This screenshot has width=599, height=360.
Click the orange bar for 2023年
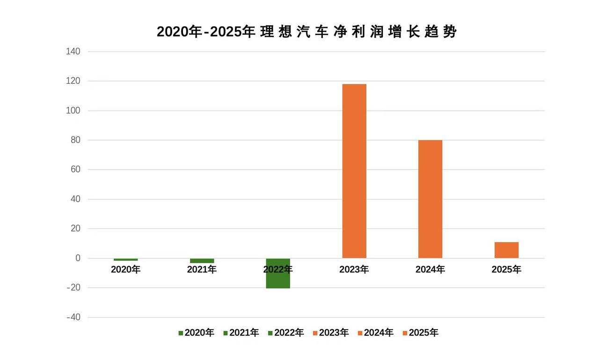point(354,171)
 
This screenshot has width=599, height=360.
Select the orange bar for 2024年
point(430,199)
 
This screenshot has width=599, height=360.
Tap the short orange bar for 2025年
point(506,250)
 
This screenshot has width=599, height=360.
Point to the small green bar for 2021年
point(202,261)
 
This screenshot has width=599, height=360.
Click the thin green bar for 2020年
point(125,259)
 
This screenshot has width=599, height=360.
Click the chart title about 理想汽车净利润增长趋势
point(307,32)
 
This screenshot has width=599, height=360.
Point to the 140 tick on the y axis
point(73,51)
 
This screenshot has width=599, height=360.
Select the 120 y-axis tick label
point(73,81)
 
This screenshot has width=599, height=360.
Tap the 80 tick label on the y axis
point(76,140)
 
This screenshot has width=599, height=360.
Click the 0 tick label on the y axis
point(78,258)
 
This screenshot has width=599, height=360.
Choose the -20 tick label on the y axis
point(73,288)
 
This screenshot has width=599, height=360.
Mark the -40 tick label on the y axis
point(73,317)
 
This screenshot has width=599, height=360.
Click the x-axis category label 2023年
point(354,270)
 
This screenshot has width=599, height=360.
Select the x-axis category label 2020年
point(125,270)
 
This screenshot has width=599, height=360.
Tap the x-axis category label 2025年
point(506,270)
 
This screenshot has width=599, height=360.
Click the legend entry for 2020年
point(196,333)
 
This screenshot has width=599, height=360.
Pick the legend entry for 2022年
point(285,333)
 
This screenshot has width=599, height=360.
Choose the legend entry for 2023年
point(330,333)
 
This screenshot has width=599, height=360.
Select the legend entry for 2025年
point(420,333)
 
